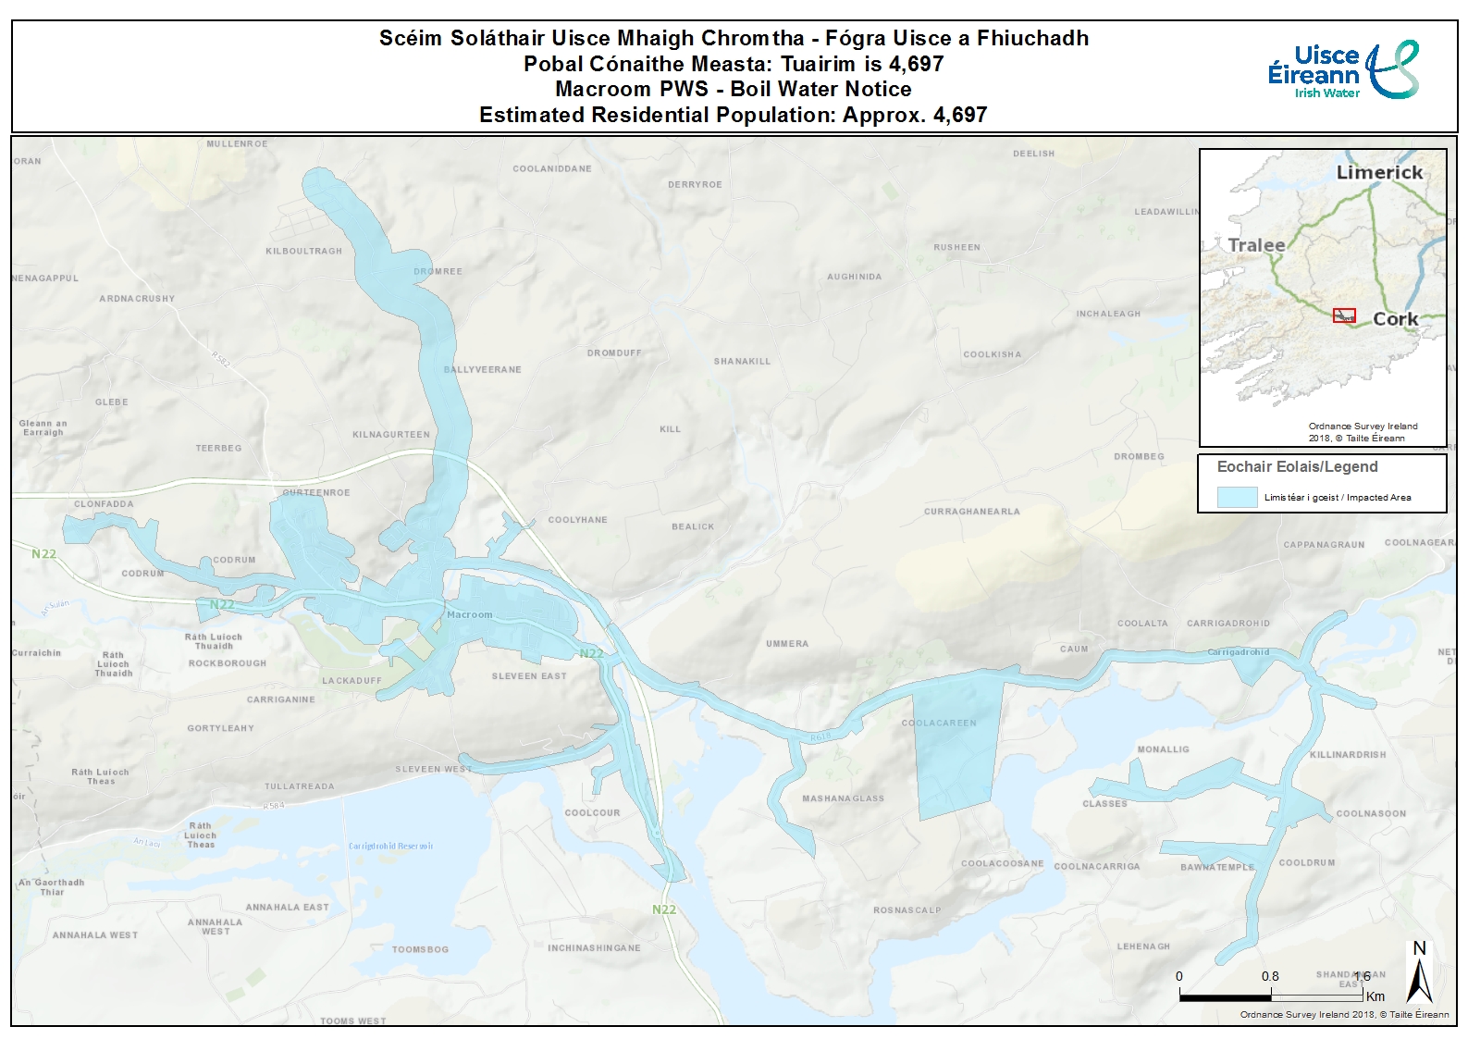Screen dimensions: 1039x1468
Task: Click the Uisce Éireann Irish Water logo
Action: click(x=1342, y=69)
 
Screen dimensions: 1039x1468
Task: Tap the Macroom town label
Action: click(x=469, y=614)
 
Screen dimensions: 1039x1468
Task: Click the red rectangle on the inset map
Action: click(x=1344, y=315)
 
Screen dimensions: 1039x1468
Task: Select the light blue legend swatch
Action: click(x=1237, y=497)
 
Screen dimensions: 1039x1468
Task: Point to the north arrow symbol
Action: click(x=1419, y=974)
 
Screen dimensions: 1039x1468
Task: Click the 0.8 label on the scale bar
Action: click(x=1270, y=976)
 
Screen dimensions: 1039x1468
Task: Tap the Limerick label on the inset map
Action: click(x=1379, y=172)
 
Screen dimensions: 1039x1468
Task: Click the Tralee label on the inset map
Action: click(x=1256, y=245)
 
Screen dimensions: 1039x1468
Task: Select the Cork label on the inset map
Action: click(x=1395, y=319)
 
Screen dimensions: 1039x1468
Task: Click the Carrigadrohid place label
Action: click(x=1238, y=652)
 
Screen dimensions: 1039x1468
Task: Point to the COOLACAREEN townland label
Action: click(x=939, y=724)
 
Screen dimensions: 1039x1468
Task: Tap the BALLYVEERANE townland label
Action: click(x=482, y=370)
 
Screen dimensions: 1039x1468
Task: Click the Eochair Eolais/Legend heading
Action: click(x=1297, y=467)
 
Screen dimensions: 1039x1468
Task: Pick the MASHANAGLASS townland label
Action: click(x=843, y=798)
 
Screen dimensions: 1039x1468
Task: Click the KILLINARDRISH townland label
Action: click(x=1348, y=755)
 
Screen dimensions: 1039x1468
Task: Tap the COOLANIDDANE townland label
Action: click(x=552, y=168)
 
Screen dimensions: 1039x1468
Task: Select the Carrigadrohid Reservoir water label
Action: click(x=390, y=847)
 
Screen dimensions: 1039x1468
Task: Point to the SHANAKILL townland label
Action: click(x=742, y=362)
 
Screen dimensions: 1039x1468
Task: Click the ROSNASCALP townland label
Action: click(x=907, y=910)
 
